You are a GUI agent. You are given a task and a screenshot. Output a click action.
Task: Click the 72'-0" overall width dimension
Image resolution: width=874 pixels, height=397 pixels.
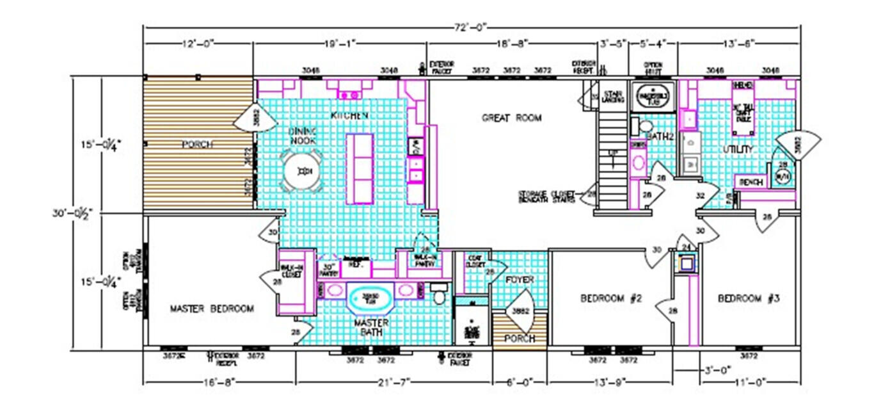[472, 27]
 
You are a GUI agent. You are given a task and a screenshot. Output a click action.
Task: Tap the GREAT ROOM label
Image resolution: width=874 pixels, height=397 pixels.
[511, 118]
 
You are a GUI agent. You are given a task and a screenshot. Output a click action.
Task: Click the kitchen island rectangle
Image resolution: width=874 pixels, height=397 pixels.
[359, 168]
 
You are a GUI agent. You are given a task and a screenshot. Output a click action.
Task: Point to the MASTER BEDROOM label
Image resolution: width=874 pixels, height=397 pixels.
[211, 309]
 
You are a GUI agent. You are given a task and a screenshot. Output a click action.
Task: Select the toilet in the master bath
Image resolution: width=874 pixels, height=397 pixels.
[438, 296]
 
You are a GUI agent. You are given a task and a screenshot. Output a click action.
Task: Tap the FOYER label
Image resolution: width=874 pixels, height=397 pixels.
[519, 280]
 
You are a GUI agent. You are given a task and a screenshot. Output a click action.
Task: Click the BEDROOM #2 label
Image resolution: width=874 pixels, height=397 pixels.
[607, 298]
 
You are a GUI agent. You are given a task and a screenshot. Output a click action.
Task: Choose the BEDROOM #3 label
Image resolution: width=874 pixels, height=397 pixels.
[748, 298]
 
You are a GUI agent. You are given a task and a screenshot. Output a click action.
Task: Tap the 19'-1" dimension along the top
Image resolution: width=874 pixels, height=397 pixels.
[340, 43]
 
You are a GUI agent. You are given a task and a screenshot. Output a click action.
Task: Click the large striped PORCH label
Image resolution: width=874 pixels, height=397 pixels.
[197, 145]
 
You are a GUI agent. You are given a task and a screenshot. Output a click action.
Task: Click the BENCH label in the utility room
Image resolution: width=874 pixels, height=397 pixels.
[751, 182]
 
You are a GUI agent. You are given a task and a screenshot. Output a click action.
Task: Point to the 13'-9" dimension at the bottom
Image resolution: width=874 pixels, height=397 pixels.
[609, 381]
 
